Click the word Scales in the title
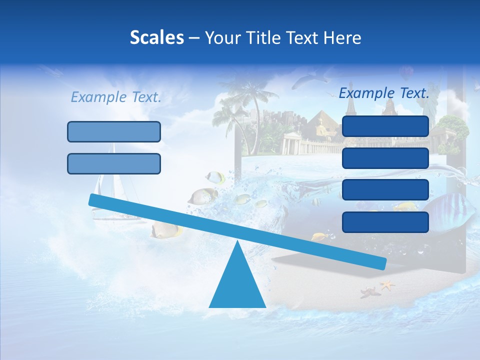pos(156,37)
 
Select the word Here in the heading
pos(342,38)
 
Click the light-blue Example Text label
pos(116,97)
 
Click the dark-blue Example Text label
pos(384,93)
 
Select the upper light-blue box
pos(114,131)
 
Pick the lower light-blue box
pos(114,163)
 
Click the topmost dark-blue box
pos(385,126)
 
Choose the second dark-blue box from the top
pos(385,158)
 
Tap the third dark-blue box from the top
pos(385,190)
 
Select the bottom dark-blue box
pos(385,222)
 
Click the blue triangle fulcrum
pos(237,285)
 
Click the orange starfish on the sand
pos(386,285)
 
